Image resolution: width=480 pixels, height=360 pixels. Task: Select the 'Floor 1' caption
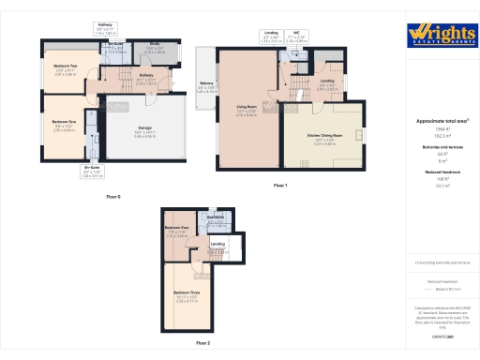click(279, 186)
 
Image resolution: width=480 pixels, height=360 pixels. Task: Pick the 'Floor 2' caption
click(202, 343)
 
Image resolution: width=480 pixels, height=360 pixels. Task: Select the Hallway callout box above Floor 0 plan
click(106, 29)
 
